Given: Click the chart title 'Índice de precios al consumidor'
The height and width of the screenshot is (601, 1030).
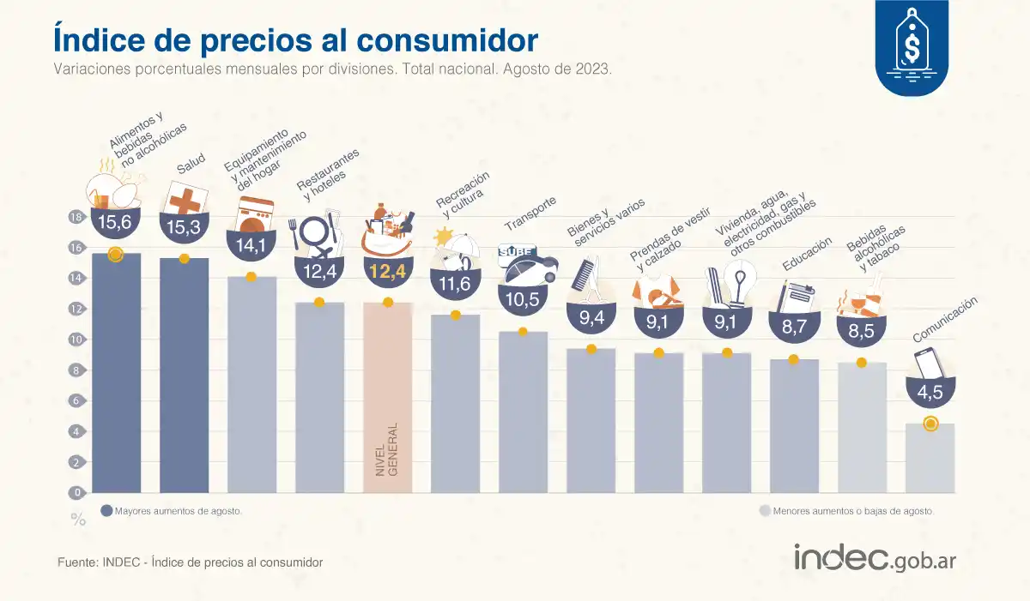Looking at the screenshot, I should tap(295, 40).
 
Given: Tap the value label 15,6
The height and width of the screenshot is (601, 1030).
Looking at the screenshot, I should tap(116, 223).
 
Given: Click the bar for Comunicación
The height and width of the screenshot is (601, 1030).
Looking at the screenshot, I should tap(930, 459).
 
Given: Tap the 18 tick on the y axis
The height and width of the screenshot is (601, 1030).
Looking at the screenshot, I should tap(76, 218).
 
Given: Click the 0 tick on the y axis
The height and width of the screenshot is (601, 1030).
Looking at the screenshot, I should tap(76, 493).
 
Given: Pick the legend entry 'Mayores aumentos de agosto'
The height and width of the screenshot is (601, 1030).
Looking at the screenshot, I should tap(172, 511).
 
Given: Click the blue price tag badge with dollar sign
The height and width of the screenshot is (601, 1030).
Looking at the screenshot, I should tap(912, 47).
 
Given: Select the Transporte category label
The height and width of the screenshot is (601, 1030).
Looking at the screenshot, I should tap(530, 213).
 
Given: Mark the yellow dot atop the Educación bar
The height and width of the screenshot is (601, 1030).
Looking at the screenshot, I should tap(794, 359).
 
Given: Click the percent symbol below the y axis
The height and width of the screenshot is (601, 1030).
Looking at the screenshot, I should tap(78, 520).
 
